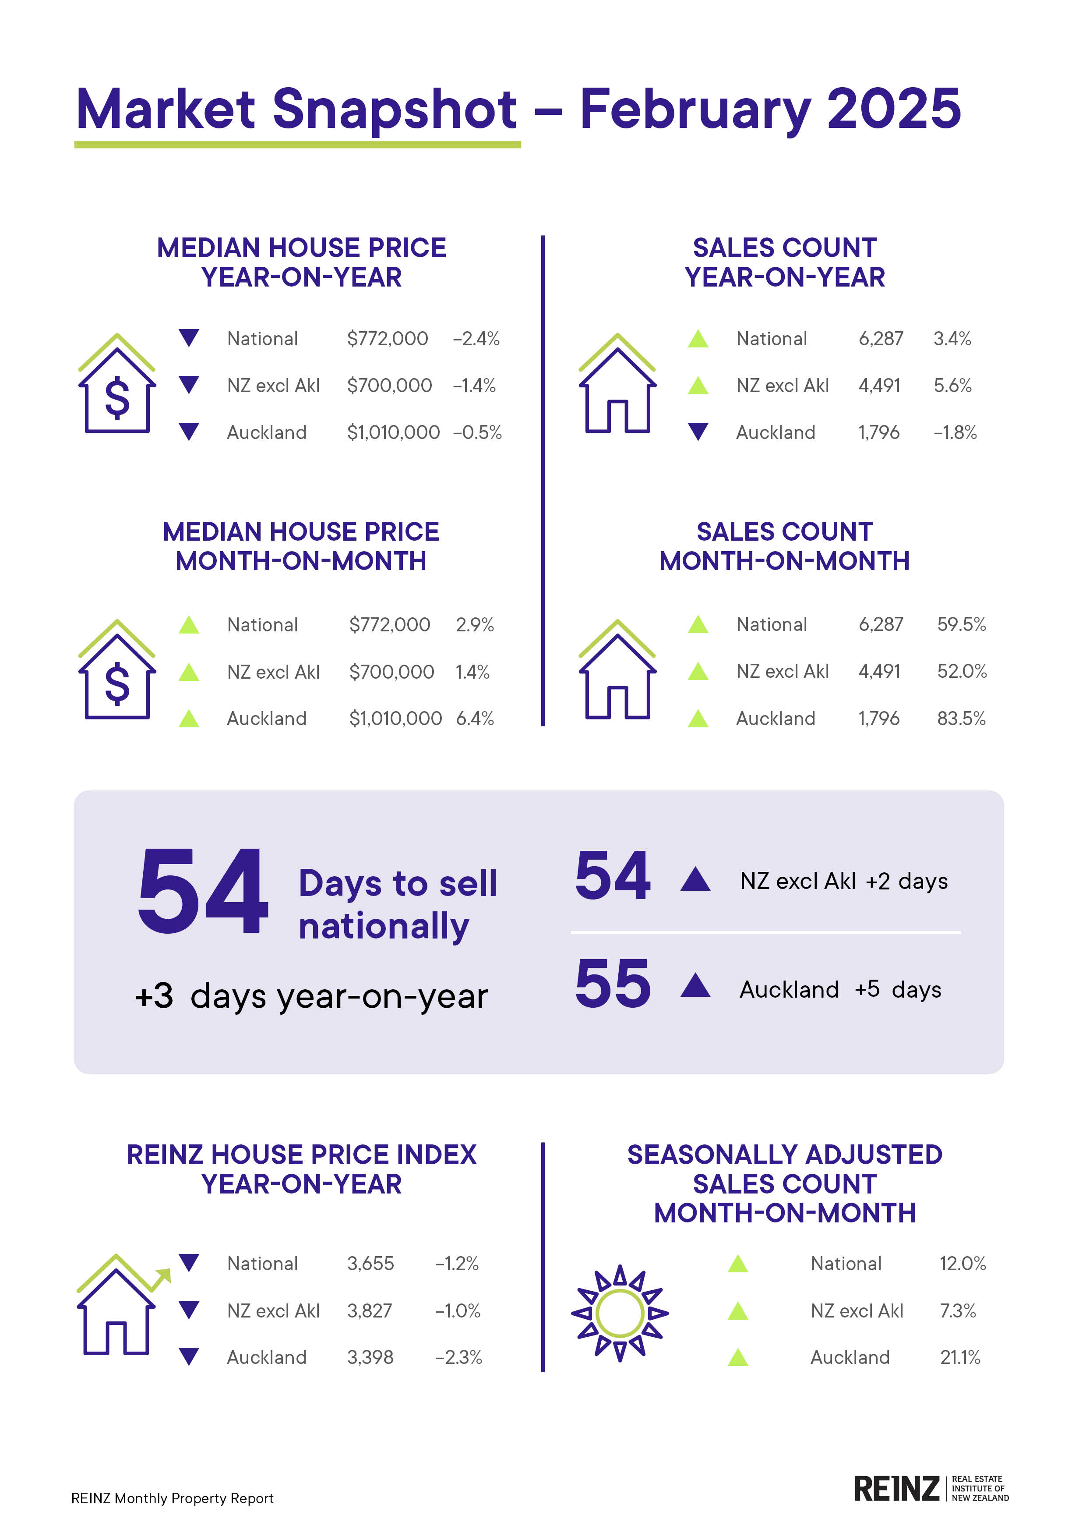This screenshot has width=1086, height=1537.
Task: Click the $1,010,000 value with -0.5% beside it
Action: [393, 432]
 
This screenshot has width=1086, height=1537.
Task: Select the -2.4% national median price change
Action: [476, 339]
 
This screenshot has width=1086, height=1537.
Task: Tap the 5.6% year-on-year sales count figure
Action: [952, 386]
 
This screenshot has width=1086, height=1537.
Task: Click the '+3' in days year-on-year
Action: [154, 996]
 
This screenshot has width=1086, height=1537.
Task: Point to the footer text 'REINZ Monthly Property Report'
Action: [172, 1498]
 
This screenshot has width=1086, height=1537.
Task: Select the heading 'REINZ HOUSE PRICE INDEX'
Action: [301, 1155]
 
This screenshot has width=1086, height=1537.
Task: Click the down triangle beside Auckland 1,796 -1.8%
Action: [698, 432]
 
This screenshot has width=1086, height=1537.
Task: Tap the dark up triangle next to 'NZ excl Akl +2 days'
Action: [695, 880]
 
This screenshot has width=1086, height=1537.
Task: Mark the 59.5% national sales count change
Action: [961, 625]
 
